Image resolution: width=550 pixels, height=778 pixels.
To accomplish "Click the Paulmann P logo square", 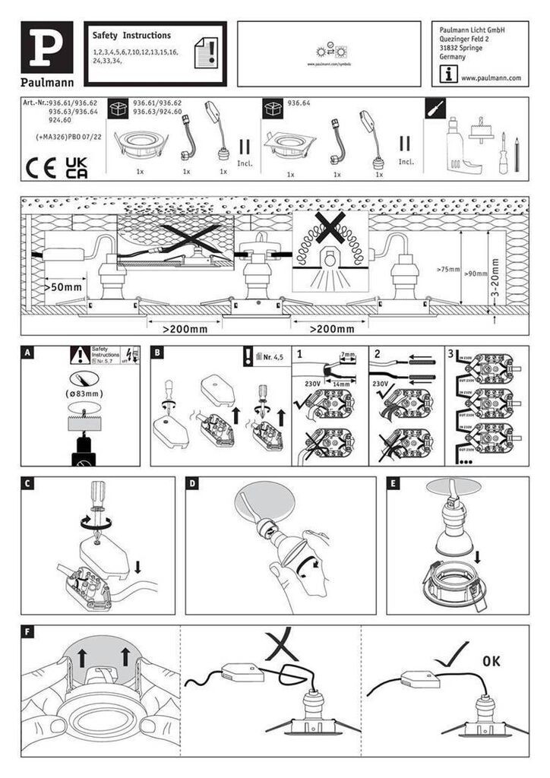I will click(x=47, y=46).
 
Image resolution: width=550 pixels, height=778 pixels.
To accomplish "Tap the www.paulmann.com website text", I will click(x=491, y=78).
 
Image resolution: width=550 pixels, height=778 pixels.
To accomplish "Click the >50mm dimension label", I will click(x=64, y=288).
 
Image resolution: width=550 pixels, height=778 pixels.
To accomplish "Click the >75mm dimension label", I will click(x=448, y=270).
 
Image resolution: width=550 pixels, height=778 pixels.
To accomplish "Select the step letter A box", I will click(x=29, y=353).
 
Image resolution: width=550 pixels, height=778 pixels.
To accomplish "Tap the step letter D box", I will click(x=194, y=483).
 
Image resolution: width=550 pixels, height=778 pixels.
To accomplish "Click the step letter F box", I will click(x=29, y=631).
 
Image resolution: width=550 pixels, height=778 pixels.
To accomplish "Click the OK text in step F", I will click(x=491, y=661).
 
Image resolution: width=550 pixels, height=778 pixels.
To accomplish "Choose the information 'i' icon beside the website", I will click(x=449, y=74).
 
